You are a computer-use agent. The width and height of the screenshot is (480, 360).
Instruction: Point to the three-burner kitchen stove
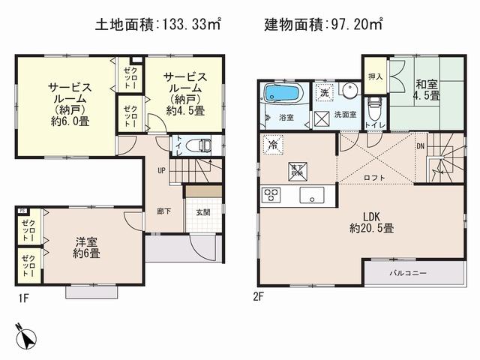coord(270,196)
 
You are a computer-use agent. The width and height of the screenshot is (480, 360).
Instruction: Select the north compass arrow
coord(25,336)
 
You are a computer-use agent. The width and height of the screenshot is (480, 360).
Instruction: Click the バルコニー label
coord(407,272)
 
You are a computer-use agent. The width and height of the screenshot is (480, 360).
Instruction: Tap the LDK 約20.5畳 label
coord(364,223)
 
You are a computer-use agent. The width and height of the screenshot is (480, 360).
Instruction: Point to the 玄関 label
coord(203,211)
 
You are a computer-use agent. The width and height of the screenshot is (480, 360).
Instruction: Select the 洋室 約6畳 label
coord(87,248)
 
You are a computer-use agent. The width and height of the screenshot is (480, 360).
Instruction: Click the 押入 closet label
coord(375,76)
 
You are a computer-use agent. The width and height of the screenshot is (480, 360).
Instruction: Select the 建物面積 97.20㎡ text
coord(322,24)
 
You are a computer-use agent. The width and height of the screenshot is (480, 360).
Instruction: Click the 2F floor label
coord(258,295)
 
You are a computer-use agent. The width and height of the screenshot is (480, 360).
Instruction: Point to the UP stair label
coord(161,170)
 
